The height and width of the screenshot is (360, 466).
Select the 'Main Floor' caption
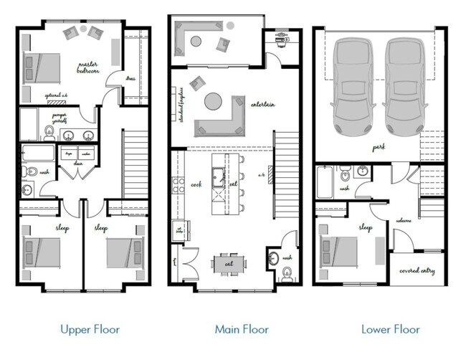[x=242, y=330]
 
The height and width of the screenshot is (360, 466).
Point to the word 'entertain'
[x=263, y=105]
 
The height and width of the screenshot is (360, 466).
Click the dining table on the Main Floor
[x=228, y=263]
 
